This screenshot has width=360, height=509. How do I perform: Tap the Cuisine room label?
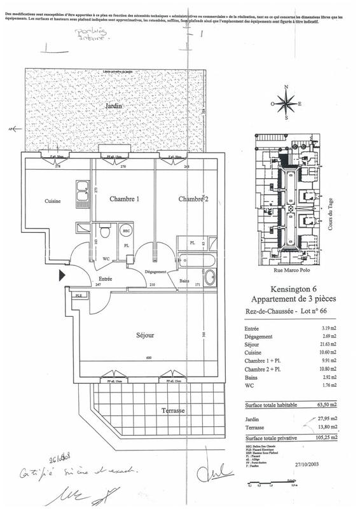(x=52, y=202)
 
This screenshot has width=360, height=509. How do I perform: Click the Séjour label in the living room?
(x=146, y=335)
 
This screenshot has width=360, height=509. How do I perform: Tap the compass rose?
(x=287, y=103)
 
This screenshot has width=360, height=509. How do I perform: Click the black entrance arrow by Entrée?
(x=62, y=275)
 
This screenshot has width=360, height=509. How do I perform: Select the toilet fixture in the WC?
(x=106, y=233)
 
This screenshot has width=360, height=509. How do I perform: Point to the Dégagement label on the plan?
(x=155, y=272)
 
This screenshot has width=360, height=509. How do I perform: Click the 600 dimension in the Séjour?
(x=148, y=358)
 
